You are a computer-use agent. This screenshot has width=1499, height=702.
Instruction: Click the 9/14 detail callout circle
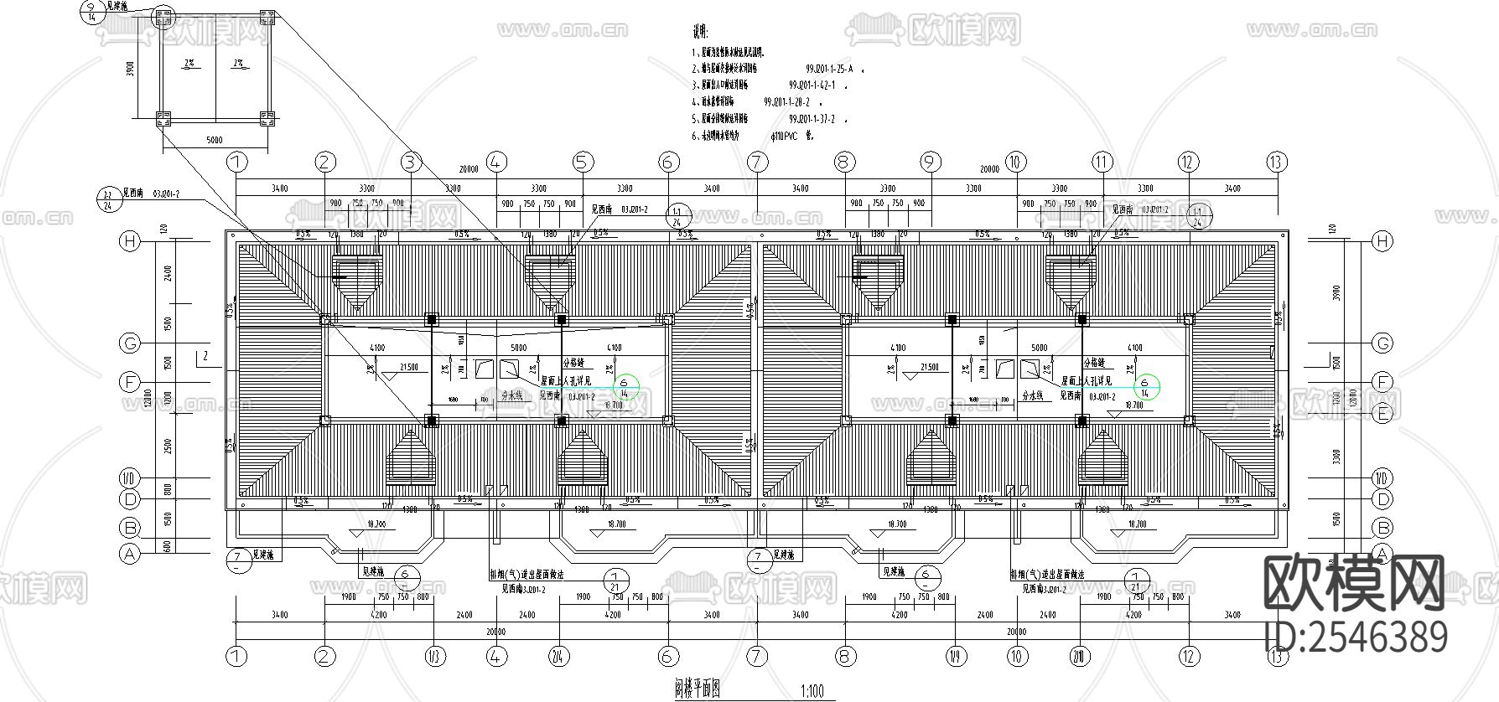91,11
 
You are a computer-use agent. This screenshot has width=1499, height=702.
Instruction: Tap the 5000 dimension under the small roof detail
215,140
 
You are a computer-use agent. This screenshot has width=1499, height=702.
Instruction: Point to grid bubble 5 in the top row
583,162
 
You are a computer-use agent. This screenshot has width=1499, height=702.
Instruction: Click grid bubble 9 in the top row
930,162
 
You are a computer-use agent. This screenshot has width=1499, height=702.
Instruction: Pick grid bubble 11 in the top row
1102,162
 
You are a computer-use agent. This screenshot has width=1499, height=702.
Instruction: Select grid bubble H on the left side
129,241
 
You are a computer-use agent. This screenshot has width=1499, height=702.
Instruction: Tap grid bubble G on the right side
1381,343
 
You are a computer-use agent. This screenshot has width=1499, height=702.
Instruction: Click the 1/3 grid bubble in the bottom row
433,656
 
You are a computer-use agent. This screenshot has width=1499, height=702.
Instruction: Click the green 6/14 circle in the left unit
625,386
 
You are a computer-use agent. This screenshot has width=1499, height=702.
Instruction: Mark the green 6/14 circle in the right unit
1144,386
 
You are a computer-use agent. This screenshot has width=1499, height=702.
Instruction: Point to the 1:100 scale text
812,692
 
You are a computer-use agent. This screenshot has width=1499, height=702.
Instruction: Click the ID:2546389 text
1355,637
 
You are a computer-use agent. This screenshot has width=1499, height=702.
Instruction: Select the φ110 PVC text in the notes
789,135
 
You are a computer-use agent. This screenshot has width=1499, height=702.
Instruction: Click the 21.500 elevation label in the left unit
410,368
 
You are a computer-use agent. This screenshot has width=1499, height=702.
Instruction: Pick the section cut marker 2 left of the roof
204,357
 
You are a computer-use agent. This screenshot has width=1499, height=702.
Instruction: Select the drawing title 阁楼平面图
696,689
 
